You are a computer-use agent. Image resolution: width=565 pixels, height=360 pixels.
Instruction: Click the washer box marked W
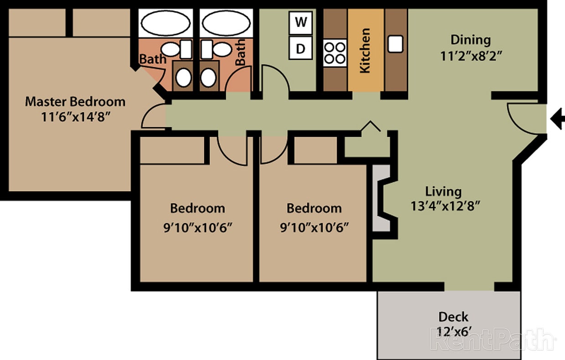coord(301,22)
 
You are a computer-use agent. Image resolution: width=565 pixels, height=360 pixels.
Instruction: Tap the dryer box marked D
coord(301,48)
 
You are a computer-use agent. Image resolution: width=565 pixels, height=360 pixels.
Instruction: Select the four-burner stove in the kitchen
coord(335,53)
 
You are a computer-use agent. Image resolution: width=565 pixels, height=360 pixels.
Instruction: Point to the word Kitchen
coord(365,51)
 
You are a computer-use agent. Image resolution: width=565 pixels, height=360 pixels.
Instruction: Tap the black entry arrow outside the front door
coord(557,120)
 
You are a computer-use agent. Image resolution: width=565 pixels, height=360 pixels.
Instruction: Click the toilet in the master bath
coord(183,77)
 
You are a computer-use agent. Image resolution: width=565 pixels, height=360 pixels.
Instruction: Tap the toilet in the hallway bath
coord(208,77)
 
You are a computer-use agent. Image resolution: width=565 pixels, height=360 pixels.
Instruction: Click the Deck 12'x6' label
coord(453,324)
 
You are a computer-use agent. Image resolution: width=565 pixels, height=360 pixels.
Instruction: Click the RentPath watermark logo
coord(492,339)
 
